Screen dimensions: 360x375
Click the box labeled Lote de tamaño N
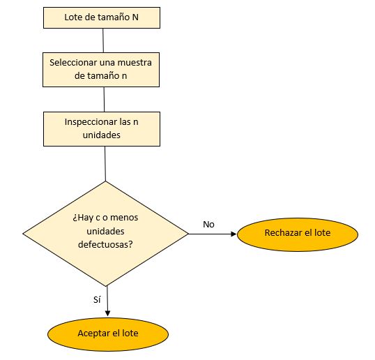coord(102,17)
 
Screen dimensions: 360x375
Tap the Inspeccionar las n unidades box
coord(102,128)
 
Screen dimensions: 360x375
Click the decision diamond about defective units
coord(105,233)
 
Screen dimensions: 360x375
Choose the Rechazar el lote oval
coord(298,234)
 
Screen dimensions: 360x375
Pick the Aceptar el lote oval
coord(107,333)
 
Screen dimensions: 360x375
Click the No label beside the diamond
coord(208,224)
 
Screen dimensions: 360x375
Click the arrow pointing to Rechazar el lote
coord(213,234)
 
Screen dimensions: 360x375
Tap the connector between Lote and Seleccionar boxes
coord(102,40)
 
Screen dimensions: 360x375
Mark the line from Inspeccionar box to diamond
coord(104,163)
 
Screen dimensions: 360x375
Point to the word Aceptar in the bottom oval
coord(93,333)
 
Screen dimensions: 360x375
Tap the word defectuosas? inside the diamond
coord(105,246)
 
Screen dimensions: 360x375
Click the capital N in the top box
coord(135,17)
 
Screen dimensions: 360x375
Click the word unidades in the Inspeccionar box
coord(102,135)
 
